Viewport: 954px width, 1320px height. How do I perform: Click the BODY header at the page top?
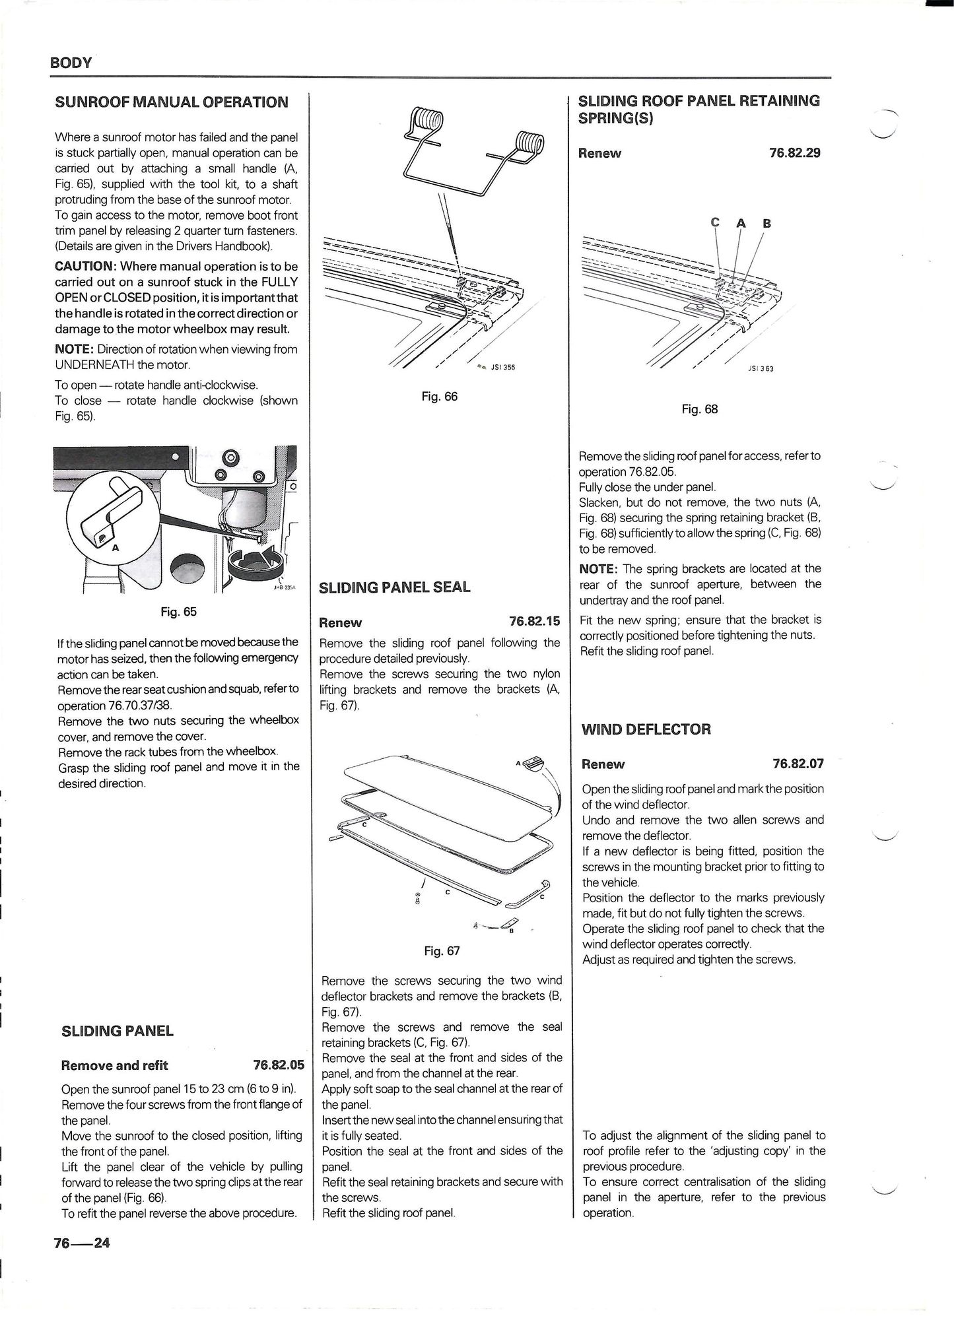(x=71, y=63)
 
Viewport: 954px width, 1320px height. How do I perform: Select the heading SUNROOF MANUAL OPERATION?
(x=172, y=102)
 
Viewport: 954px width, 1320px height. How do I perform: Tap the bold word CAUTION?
(x=85, y=266)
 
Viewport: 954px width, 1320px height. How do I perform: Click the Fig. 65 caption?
(x=178, y=612)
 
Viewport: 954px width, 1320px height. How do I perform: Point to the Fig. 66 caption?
(x=440, y=397)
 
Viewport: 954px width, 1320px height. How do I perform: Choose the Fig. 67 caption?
(x=442, y=951)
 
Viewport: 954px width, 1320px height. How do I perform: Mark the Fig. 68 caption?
(x=700, y=409)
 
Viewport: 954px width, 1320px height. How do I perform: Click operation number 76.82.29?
(x=795, y=153)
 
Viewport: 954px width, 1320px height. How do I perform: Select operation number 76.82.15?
(x=534, y=622)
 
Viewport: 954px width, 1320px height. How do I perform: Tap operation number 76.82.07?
(x=798, y=764)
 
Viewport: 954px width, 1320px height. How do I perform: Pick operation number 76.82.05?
(x=279, y=1065)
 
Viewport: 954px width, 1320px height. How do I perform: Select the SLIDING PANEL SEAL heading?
(x=395, y=587)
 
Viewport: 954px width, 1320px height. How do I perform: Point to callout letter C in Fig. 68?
(x=714, y=222)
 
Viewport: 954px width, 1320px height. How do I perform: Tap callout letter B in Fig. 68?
(x=767, y=223)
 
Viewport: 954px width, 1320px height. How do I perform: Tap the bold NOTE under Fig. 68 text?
(x=599, y=569)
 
